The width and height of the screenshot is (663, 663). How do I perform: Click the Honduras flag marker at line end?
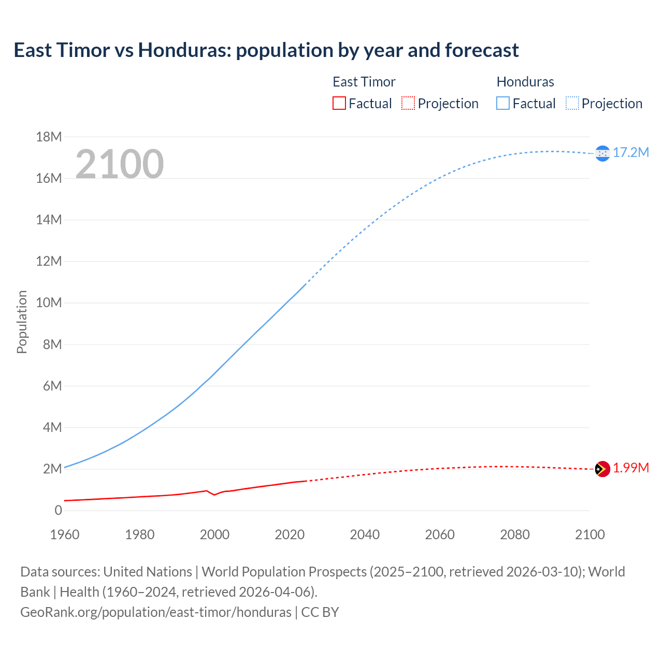point(602,153)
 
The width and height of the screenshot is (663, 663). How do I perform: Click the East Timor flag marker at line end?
point(602,469)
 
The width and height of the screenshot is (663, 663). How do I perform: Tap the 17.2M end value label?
point(631,152)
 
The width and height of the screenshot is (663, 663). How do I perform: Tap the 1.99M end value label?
point(631,468)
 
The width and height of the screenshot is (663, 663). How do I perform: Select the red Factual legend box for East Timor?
point(339,104)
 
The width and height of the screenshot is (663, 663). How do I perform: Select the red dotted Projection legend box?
point(408,104)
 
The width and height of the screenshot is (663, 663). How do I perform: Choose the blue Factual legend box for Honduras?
point(503,104)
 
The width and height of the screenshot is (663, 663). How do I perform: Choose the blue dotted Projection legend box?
point(572,104)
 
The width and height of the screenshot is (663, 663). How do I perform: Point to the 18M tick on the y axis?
point(49,137)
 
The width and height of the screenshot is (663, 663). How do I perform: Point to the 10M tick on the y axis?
point(49,302)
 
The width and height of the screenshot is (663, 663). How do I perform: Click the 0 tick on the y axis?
point(58,510)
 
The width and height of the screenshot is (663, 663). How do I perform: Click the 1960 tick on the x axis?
point(65,535)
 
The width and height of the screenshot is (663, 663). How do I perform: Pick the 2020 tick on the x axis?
point(290,535)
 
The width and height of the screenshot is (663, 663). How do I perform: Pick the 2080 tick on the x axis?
point(515,535)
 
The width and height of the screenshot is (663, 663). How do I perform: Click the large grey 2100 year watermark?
point(120,164)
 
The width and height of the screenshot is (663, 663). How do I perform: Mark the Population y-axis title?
point(22,322)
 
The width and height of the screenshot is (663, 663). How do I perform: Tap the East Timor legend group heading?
point(364,82)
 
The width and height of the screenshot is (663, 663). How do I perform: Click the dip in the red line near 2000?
point(214,495)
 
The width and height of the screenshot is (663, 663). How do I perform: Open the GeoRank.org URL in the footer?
point(156,612)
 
